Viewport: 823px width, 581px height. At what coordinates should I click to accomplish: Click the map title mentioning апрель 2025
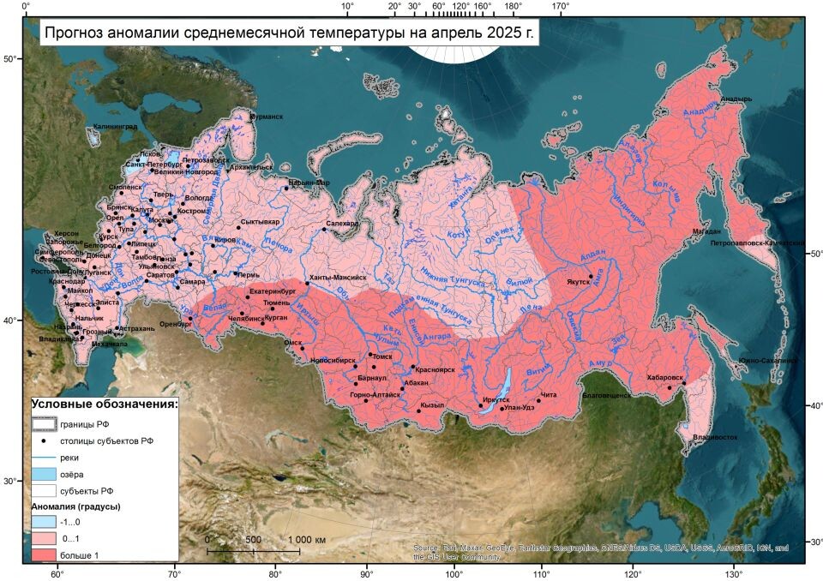point(289,34)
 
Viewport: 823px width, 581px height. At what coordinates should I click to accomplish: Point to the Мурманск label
point(266,117)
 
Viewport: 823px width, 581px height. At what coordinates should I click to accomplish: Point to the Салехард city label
point(340,223)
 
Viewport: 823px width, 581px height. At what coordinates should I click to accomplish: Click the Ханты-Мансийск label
point(338,278)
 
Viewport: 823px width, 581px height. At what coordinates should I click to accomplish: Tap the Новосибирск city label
point(333,361)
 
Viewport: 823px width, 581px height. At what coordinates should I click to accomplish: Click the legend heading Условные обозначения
point(105,404)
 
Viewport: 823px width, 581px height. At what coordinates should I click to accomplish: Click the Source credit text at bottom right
point(600,552)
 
